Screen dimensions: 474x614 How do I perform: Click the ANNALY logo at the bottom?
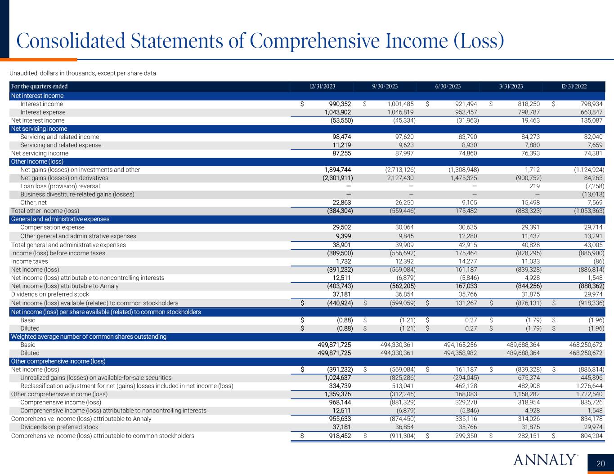coord(545,460)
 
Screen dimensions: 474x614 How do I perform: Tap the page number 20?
coord(601,464)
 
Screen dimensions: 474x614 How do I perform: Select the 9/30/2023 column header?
coord(385,87)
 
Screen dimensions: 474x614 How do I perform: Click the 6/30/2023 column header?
coord(448,87)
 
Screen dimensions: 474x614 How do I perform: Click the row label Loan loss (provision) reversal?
coord(60,186)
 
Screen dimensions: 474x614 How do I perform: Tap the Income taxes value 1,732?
coord(343,261)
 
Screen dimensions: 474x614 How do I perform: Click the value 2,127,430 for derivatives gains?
coord(398,178)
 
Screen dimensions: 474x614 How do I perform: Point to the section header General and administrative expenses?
coord(60,219)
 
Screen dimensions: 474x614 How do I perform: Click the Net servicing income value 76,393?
coord(528,153)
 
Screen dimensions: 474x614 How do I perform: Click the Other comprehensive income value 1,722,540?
coord(585,394)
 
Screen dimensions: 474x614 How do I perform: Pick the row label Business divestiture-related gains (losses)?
coord(77,195)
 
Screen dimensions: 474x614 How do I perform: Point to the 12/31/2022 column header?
coord(574,87)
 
